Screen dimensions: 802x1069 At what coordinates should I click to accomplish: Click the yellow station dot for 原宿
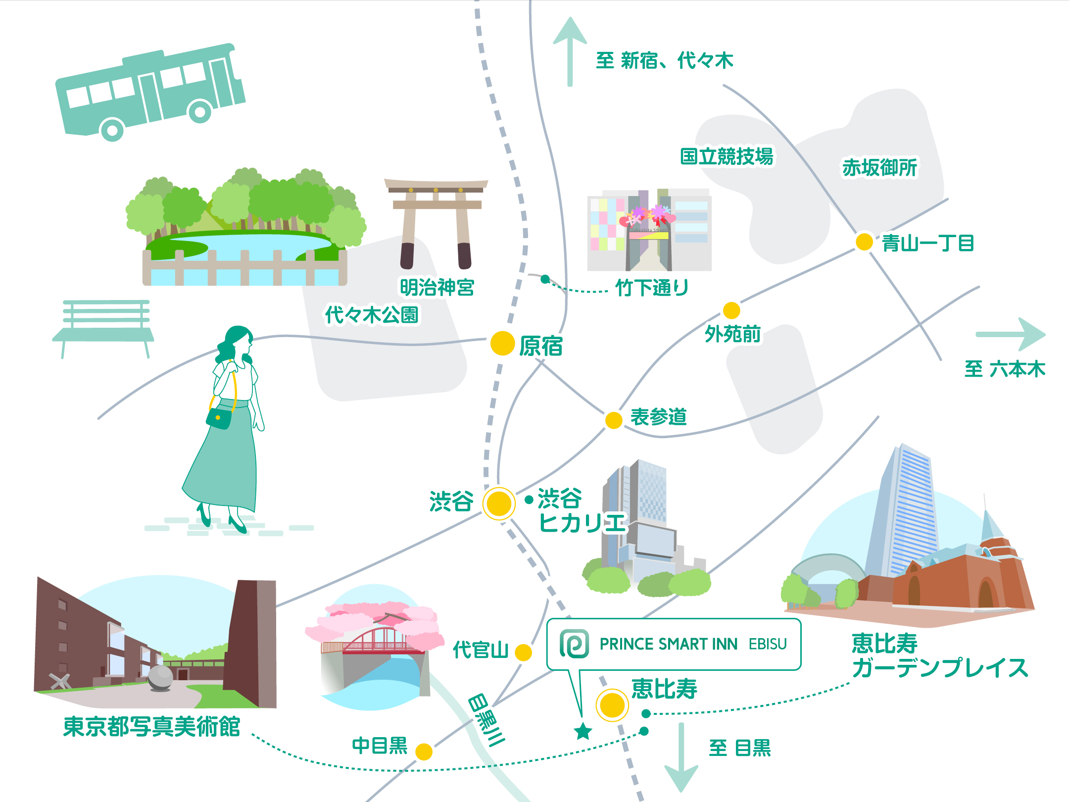[502, 343]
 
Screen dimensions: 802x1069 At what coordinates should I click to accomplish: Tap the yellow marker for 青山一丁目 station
[864, 242]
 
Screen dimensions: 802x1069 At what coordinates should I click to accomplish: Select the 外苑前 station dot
[731, 310]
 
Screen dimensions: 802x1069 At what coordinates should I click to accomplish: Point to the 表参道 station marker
[614, 420]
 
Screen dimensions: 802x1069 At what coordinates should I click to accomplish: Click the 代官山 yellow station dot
[523, 652]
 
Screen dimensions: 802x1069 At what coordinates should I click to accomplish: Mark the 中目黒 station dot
[424, 752]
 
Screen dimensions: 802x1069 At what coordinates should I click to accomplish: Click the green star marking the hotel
[583, 731]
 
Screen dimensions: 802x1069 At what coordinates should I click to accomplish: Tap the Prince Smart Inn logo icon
[574, 644]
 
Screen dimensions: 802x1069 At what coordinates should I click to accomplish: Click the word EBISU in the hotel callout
[768, 644]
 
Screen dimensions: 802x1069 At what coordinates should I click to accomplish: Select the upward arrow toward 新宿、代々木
[570, 50]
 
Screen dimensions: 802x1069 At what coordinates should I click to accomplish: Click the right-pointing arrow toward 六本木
[1012, 335]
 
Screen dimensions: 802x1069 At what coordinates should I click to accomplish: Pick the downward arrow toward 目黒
[681, 757]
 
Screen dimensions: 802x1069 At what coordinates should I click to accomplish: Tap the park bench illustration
[104, 327]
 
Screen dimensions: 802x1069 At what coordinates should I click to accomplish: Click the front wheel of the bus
[112, 130]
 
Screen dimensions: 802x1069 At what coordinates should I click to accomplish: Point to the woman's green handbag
[219, 418]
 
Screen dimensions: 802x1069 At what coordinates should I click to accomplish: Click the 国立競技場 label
[727, 156]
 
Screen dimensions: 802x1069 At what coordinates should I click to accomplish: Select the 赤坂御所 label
[879, 168]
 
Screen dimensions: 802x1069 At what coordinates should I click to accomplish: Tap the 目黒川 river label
[486, 720]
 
